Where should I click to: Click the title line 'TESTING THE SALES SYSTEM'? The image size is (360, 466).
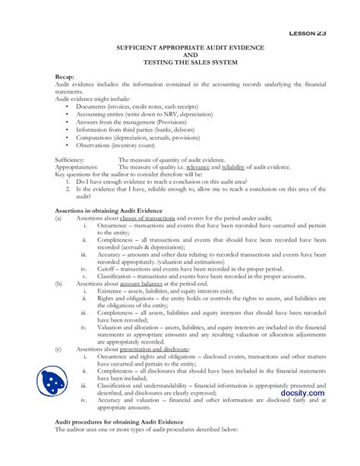[x=179, y=62]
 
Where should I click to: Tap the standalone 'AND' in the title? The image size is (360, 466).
[x=180, y=55]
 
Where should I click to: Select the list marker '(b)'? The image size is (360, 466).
[x=59, y=282]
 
